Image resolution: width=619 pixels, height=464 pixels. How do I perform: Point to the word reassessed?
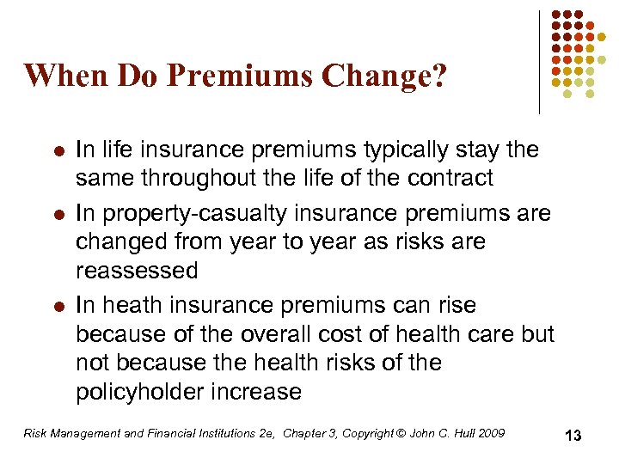[137, 271]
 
